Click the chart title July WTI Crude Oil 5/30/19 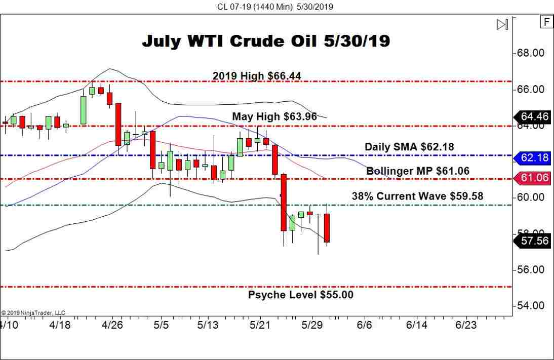pyautogui.click(x=266, y=41)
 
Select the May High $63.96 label pyautogui.click(x=274, y=117)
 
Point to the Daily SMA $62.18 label pyautogui.click(x=409, y=147)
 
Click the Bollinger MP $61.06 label pyautogui.click(x=418, y=171)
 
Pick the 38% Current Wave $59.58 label pyautogui.click(x=418, y=196)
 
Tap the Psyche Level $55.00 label pyautogui.click(x=301, y=295)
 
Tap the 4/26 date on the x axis pyautogui.click(x=113, y=325)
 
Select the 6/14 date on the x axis pyautogui.click(x=416, y=325)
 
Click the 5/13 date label pyautogui.click(x=208, y=325)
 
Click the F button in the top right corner pyautogui.click(x=547, y=22)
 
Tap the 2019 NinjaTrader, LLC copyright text pyautogui.click(x=33, y=313)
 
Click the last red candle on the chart pyautogui.click(x=327, y=228)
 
